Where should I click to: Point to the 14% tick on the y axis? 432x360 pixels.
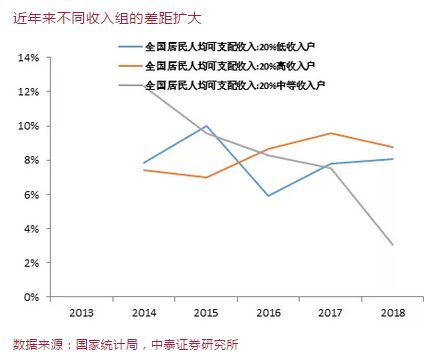[x=28, y=58]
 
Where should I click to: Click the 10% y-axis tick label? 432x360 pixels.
[x=28, y=126]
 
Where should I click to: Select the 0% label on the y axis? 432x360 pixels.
[x=31, y=297]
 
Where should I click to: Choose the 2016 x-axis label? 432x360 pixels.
[x=267, y=313]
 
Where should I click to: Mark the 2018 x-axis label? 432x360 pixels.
[x=391, y=313]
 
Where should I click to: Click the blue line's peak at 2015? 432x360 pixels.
[x=206, y=126]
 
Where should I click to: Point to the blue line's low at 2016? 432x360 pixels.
[x=268, y=196]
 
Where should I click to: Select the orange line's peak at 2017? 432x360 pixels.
[x=330, y=133]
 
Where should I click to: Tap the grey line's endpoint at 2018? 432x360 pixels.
[x=392, y=245]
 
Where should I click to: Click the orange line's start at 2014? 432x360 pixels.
[x=145, y=170]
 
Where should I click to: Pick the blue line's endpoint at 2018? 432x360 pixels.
[x=392, y=159]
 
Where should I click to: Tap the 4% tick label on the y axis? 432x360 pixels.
[x=31, y=229]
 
